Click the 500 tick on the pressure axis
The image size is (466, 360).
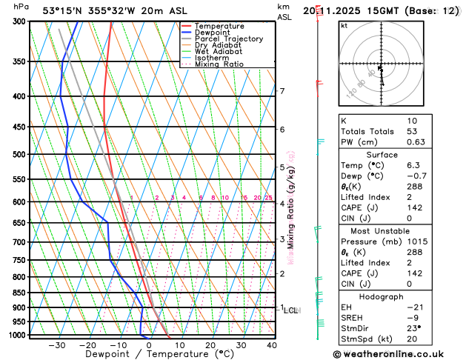(19, 154)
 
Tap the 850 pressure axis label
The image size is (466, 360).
(19, 293)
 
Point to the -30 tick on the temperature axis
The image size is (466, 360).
(57, 345)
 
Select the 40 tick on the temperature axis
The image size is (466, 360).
(272, 345)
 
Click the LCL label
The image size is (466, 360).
(290, 310)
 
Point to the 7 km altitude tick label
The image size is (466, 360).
(282, 91)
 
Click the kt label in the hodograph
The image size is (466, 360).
(344, 25)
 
